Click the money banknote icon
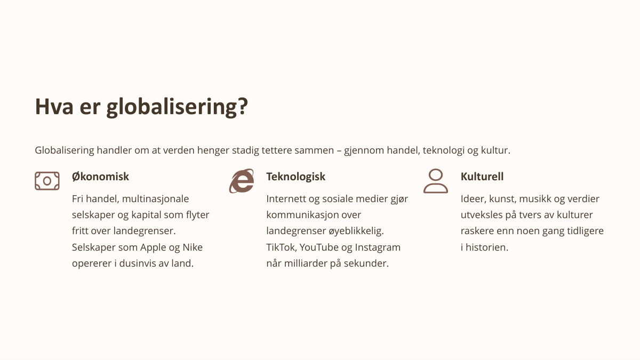[47, 181]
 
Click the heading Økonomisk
[100, 177]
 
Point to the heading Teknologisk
[295, 177]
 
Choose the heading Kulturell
[482, 177]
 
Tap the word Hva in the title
[54, 107]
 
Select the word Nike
[193, 247]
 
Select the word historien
[487, 247]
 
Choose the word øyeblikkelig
[356, 231]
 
